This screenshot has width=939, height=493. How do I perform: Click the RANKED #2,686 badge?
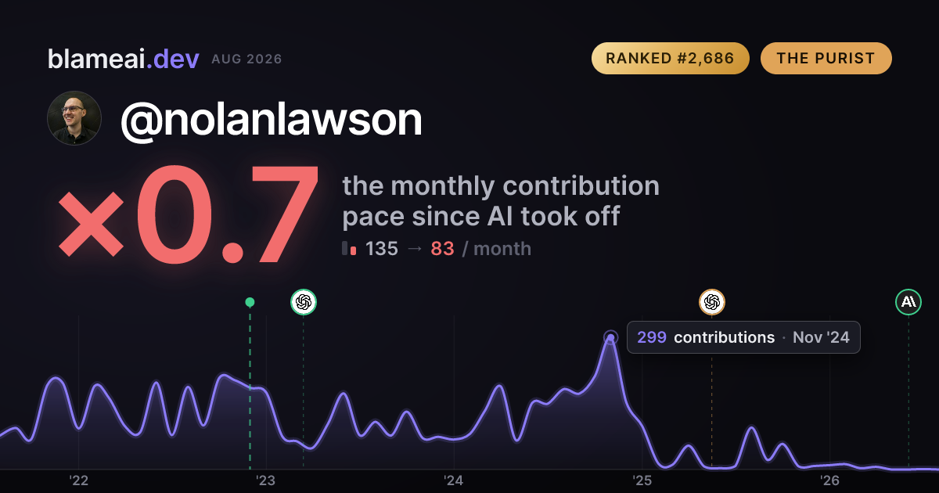[x=671, y=58]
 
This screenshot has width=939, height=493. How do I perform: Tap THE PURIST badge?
[x=826, y=58]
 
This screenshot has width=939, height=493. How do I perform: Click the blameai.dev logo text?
[x=124, y=59]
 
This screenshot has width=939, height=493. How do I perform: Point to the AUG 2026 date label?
[x=247, y=59]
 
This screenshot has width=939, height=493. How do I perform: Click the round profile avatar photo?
[x=74, y=118]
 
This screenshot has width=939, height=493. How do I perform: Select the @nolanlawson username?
[x=272, y=120]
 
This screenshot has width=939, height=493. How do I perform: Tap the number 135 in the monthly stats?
[x=382, y=249]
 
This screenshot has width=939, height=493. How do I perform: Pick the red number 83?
[x=442, y=249]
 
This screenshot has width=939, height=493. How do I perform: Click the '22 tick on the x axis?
[x=78, y=480]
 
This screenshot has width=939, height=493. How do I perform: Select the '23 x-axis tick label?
[x=266, y=480]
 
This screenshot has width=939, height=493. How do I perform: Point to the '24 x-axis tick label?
[x=454, y=480]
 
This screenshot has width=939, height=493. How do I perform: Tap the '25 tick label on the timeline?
[x=642, y=480]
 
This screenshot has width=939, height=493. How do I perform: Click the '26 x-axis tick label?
[x=829, y=480]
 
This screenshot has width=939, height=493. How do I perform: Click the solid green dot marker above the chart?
[x=250, y=302]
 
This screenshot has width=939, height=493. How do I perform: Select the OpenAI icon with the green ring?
[x=304, y=302]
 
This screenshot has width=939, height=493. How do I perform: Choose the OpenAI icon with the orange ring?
[x=712, y=302]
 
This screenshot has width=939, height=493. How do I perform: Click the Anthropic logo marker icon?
[x=908, y=302]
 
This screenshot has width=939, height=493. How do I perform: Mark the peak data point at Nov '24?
[x=611, y=337]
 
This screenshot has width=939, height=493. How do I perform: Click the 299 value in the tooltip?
[x=652, y=337]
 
